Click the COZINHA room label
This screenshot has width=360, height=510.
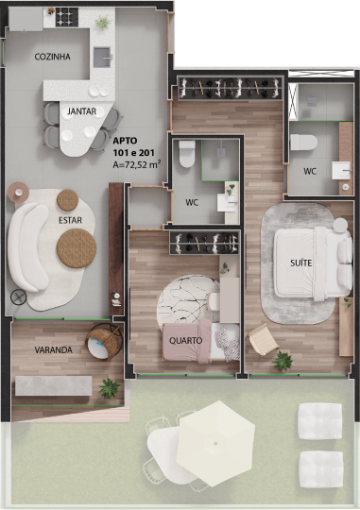pos(52,57)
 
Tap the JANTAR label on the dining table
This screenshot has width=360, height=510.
pos(81,111)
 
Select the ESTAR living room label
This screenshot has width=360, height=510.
pos(70,220)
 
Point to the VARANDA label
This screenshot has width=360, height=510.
pos(53,350)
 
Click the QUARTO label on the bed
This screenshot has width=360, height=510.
pos(185,341)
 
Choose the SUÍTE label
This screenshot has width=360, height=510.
pos(301,263)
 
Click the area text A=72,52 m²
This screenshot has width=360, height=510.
pos(137,164)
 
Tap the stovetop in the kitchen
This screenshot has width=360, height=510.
pos(67,17)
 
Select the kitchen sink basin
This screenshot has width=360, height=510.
pos(102,57)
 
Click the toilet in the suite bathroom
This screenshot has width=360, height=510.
pos(303,143)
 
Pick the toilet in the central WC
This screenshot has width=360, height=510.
pos(186,154)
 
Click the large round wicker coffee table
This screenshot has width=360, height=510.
pos(77,248)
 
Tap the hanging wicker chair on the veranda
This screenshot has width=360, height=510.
pos(103,343)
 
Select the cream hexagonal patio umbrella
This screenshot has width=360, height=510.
pos(215,443)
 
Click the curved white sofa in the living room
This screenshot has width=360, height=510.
pos(27,247)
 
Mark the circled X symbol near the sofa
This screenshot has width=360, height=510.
pos(19,297)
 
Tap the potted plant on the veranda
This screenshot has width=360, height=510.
pos(110,387)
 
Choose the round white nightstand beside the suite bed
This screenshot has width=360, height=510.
pos(340,225)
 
